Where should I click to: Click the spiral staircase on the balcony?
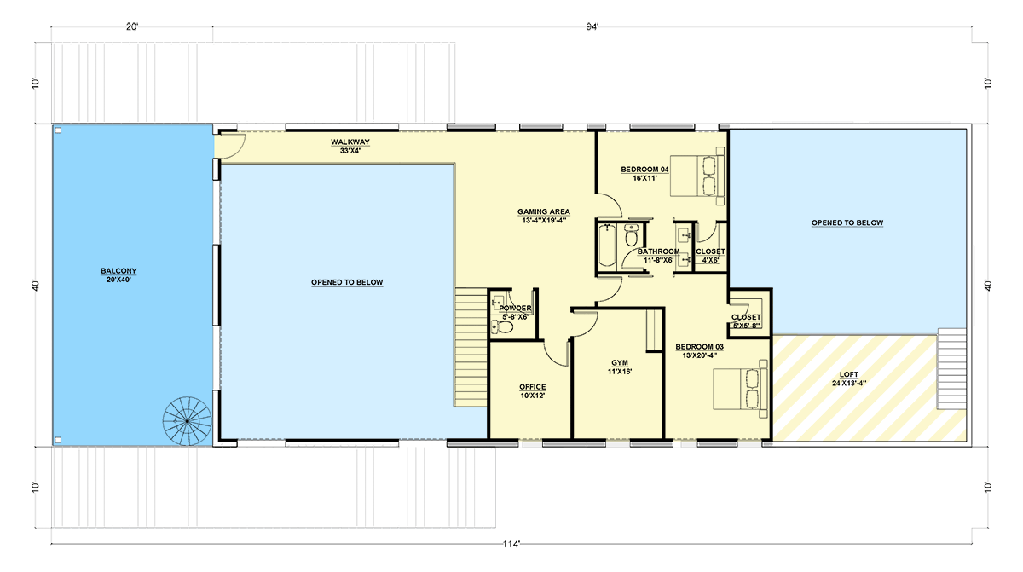pos(188,419)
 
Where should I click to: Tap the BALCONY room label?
pos(118,275)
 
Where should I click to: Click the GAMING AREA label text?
pos(543,216)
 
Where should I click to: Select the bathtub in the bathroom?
pos(607,248)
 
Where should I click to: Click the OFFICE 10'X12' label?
pos(533,391)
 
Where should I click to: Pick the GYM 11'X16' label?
pos(619,367)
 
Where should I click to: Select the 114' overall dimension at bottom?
pos(511,544)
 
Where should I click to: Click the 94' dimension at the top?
pos(592,26)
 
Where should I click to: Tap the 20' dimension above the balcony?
pos(132,26)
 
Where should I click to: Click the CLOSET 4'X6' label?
pos(710,256)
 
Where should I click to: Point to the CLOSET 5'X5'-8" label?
pos(746,321)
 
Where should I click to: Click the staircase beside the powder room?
pos(471,347)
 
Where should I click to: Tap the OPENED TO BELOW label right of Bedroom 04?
pos(847,223)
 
